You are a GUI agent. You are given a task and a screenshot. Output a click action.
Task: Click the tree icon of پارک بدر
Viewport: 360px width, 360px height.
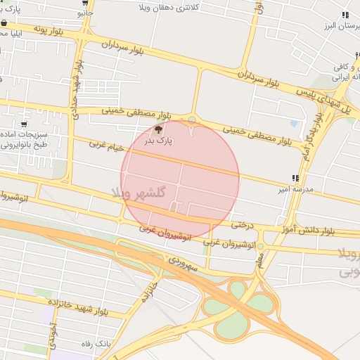(158, 129)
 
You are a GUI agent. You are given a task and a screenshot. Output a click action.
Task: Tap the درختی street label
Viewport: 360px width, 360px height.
(241, 226)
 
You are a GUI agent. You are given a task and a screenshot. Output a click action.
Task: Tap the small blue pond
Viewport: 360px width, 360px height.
(293, 105)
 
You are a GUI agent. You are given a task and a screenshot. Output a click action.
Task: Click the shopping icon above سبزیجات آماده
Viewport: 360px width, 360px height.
(25, 124)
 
